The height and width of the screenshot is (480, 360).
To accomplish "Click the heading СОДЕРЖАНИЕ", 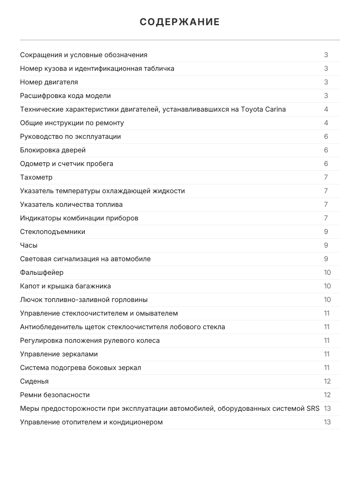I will pyautogui.click(x=180, y=22).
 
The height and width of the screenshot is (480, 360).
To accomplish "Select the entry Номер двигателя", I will pyautogui.click(x=49, y=82).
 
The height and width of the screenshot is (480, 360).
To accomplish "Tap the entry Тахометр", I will pyautogui.click(x=36, y=177).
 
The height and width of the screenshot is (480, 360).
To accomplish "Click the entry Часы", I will pyautogui.click(x=29, y=245).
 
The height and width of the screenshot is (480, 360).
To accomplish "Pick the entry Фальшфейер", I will pyautogui.click(x=42, y=272).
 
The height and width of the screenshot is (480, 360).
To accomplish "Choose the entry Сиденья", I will pyautogui.click(x=34, y=381).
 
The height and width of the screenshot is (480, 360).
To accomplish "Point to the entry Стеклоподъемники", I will pyautogui.click(x=52, y=232).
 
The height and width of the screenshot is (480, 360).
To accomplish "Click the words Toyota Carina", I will pyautogui.click(x=263, y=109).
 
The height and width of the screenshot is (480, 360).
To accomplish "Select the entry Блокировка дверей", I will pyautogui.click(x=53, y=150).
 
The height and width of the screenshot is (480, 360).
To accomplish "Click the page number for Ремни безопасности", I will pyautogui.click(x=327, y=395).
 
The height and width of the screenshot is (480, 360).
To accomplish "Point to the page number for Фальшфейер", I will pyautogui.click(x=327, y=272).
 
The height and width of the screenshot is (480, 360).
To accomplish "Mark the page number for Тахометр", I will pyautogui.click(x=326, y=177).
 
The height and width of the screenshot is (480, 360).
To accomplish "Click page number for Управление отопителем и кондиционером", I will pyautogui.click(x=327, y=422).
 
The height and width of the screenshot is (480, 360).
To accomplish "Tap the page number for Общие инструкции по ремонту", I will pyautogui.click(x=326, y=123).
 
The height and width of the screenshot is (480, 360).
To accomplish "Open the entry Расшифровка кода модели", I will pyautogui.click(x=65, y=96).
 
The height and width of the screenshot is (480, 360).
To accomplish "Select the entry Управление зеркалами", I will pyautogui.click(x=59, y=354).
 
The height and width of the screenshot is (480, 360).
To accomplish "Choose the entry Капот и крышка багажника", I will pyautogui.click(x=65, y=286).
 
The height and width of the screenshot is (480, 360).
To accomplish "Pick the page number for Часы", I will pyautogui.click(x=326, y=245).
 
